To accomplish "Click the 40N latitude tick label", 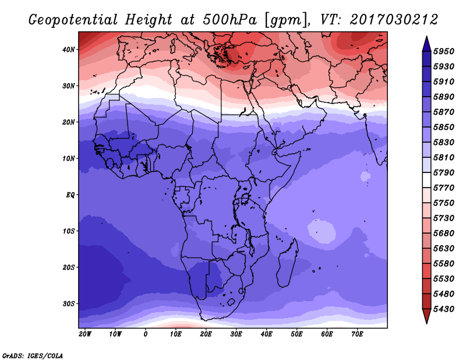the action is tap(69, 50).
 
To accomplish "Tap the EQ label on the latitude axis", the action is tap(70, 195).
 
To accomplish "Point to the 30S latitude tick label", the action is tap(69, 304).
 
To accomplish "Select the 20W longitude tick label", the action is tap(85, 334).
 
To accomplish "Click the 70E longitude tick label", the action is tap(357, 334).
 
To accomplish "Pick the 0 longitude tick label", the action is tap(145, 334).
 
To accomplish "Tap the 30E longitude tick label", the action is tap(236, 334).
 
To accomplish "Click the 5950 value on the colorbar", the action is tap(443, 51).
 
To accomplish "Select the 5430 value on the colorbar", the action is tap(443, 309).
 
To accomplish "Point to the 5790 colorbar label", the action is tap(443, 172).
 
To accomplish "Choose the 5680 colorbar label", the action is tap(443, 234).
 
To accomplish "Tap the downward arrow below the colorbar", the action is tap(426, 316).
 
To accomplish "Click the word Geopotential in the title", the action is tap(73, 20).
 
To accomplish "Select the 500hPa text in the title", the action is tap(230, 20).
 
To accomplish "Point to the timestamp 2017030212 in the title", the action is tap(394, 20).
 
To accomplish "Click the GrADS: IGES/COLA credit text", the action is tap(33, 355).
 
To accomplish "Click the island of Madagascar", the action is tap(288, 263).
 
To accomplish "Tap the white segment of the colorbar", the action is tap(426, 180).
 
